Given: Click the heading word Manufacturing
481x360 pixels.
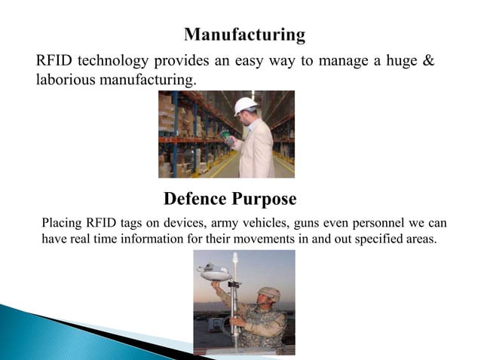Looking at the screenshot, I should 245,35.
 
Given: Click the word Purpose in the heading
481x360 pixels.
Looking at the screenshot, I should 266,200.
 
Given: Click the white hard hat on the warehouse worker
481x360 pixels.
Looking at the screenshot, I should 245,106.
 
